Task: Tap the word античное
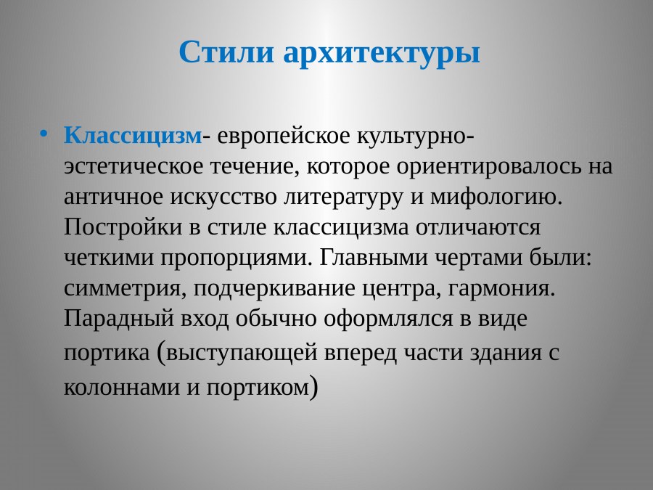pyautogui.click(x=115, y=197)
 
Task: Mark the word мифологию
pyautogui.click(x=504, y=197)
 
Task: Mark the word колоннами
pyautogui.click(x=120, y=387)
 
